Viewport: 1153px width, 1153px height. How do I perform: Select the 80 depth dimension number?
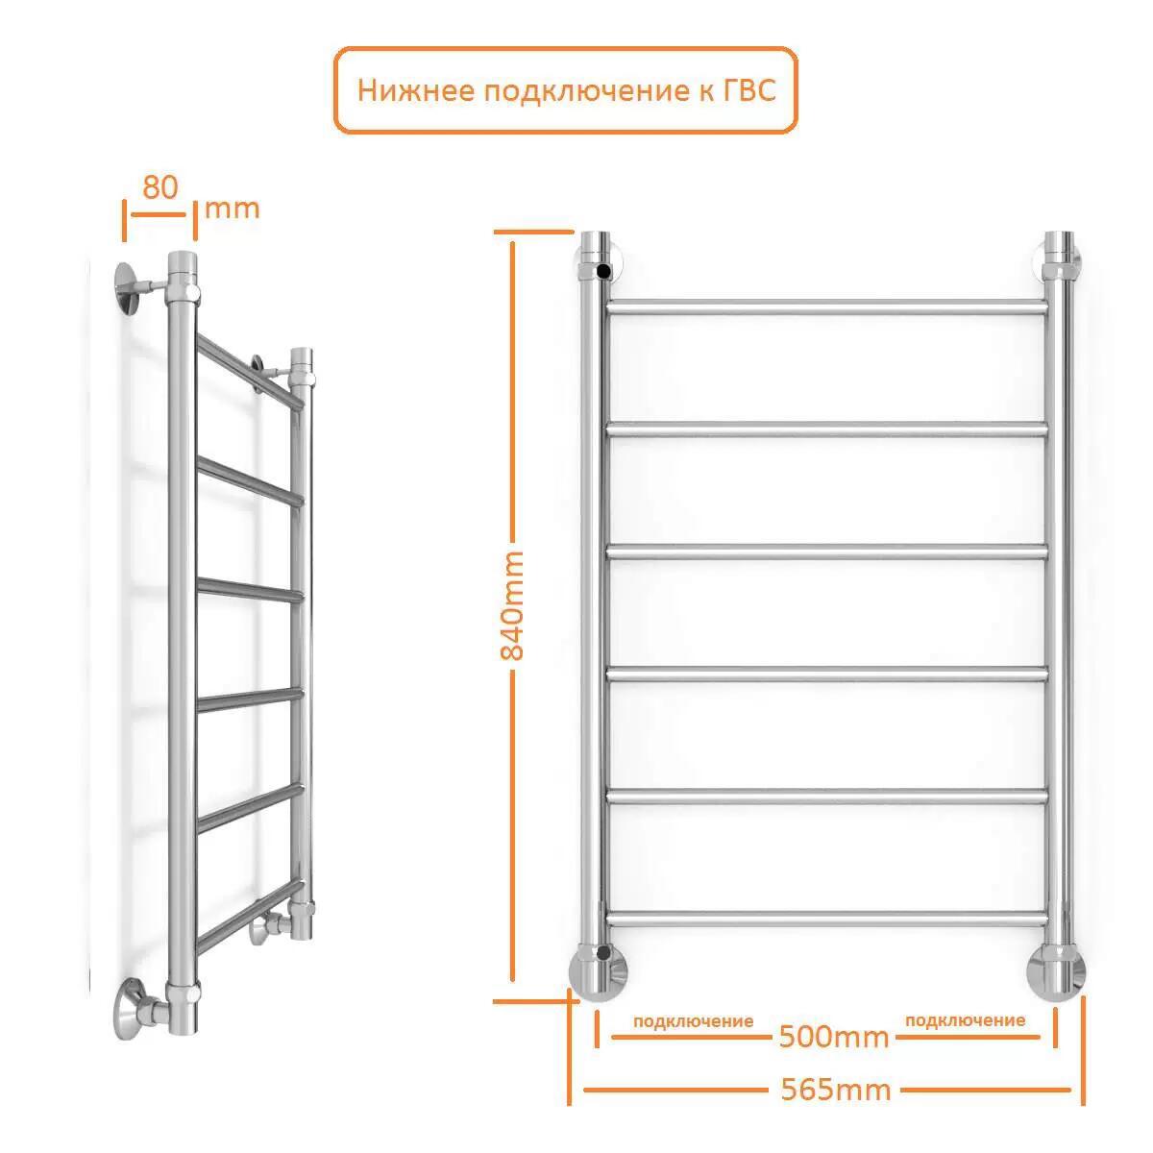[159, 187]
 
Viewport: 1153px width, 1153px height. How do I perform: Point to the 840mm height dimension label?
[511, 605]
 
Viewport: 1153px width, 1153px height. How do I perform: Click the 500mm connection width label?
[834, 1038]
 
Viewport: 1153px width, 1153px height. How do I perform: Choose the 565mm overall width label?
[836, 1091]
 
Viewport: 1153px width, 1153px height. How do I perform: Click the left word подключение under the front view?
[693, 1021]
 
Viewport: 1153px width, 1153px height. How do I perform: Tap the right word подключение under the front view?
[965, 1020]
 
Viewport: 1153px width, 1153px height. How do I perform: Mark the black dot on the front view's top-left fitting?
[603, 272]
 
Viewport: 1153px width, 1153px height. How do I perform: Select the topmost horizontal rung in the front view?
[827, 307]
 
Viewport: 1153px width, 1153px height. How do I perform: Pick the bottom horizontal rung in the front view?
[827, 918]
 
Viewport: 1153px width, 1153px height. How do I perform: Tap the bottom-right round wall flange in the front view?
[1056, 972]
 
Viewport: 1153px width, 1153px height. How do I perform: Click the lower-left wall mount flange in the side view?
[128, 1010]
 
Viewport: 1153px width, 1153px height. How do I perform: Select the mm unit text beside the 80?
[233, 210]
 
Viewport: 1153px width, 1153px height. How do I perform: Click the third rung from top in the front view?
[827, 552]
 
